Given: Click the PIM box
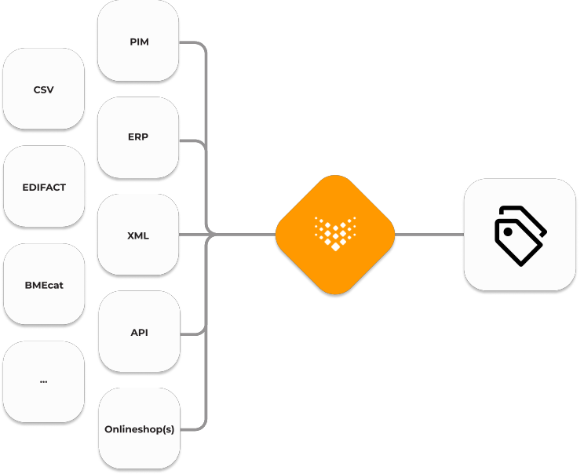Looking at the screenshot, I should point(138,41).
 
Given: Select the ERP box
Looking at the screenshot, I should point(138,137).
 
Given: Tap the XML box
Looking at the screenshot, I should point(138,235).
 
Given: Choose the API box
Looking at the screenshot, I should point(139,331).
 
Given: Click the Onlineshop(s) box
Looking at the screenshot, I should point(139,428).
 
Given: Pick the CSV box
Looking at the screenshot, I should point(44,89).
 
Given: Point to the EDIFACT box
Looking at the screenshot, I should point(44,187).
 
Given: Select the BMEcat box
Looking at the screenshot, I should point(44,284).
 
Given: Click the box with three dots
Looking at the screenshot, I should point(44,381).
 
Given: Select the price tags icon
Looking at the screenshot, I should point(520,235).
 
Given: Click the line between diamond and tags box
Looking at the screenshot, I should point(429,235).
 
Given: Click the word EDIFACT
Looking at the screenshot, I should point(44,188).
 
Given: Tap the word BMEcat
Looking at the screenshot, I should point(44,285).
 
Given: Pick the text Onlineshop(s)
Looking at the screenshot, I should point(139,429).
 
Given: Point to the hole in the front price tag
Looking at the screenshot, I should point(508,232).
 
